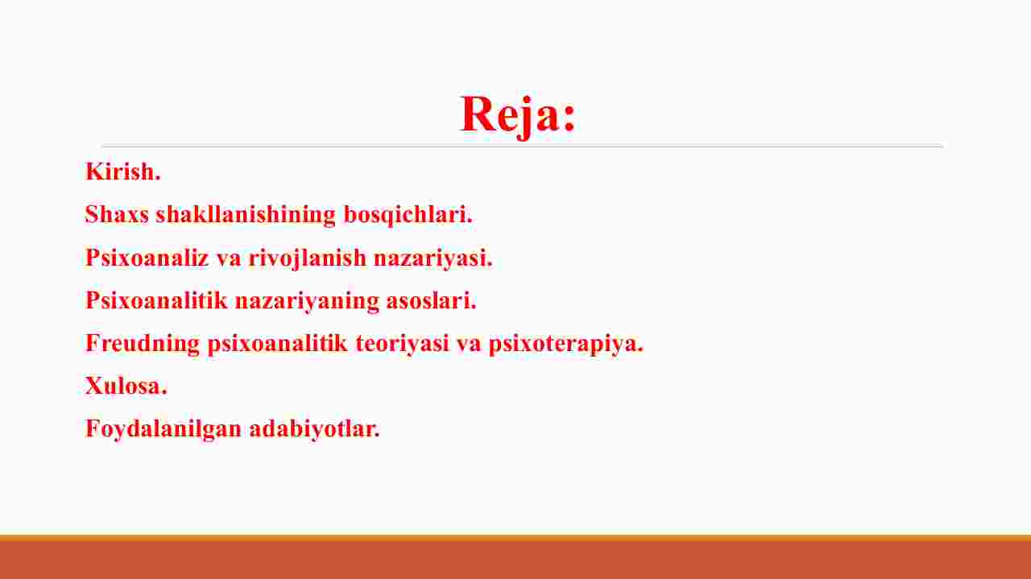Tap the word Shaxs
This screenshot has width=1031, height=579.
pyautogui.click(x=117, y=214)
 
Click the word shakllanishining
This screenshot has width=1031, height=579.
pyautogui.click(x=246, y=215)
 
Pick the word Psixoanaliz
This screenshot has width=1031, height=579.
pyautogui.click(x=147, y=257)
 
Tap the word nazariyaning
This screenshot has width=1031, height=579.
pyautogui.click(x=307, y=301)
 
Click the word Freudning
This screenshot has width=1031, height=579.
pyautogui.click(x=143, y=344)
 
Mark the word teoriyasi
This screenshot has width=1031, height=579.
pyautogui.click(x=402, y=344)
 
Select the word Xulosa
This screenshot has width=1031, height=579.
pyautogui.click(x=126, y=386)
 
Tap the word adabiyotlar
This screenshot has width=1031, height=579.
pyautogui.click(x=314, y=429)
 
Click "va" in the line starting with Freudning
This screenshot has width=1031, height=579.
pyautogui.click(x=469, y=345)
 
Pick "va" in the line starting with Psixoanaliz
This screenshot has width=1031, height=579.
pyautogui.click(x=229, y=259)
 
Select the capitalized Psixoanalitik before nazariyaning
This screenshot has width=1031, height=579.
pyautogui.click(x=156, y=300)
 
